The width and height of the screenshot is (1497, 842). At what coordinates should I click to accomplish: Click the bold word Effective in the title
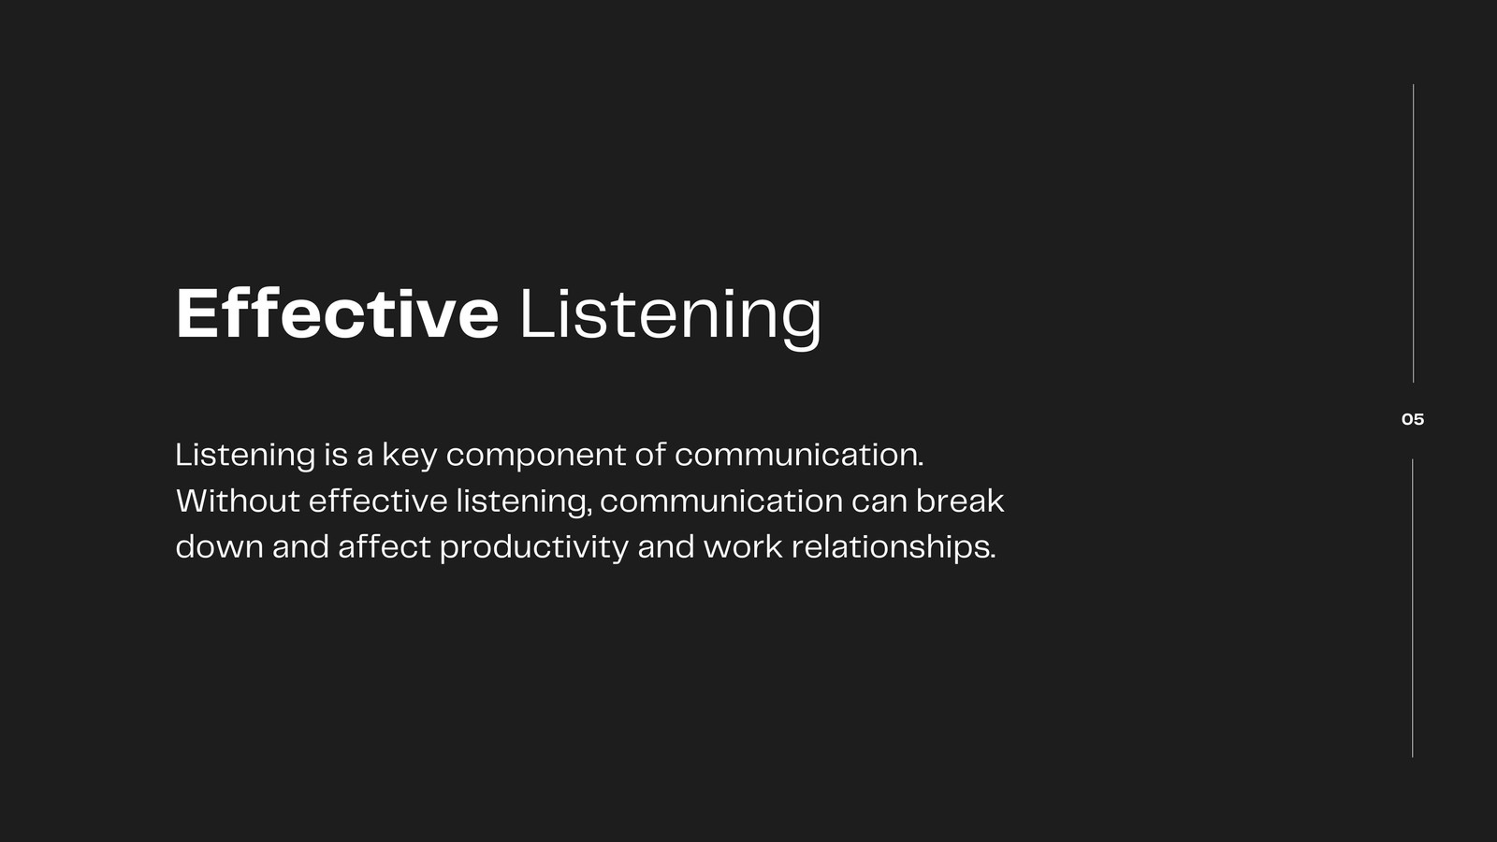point(338,313)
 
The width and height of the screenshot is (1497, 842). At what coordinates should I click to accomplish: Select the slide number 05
point(1413,420)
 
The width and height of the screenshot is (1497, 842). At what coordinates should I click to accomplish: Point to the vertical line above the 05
point(1414,233)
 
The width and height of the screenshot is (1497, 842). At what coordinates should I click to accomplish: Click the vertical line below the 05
point(1413,608)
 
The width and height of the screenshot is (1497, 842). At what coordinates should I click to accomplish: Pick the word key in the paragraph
point(410,456)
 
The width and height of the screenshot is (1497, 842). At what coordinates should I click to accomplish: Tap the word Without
point(238,501)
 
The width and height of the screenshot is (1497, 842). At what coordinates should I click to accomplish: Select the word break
point(960,501)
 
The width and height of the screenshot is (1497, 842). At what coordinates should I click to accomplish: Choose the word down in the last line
point(220,546)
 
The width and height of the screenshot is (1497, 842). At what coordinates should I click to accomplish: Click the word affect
point(385,546)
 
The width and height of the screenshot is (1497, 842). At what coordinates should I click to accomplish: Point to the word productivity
point(534,548)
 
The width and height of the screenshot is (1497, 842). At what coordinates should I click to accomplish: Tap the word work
point(743,546)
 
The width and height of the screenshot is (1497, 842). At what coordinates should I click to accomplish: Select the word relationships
point(894,548)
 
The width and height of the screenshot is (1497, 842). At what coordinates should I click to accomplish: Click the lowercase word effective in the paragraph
point(378,501)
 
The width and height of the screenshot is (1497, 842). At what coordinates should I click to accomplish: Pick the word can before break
point(879,502)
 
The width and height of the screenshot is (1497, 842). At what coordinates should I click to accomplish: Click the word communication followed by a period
point(799,455)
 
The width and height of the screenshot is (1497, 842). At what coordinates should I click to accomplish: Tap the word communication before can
point(721,501)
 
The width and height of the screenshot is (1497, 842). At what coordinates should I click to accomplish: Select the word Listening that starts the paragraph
point(245,457)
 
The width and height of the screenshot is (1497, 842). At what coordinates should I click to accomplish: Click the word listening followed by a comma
point(525,503)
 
